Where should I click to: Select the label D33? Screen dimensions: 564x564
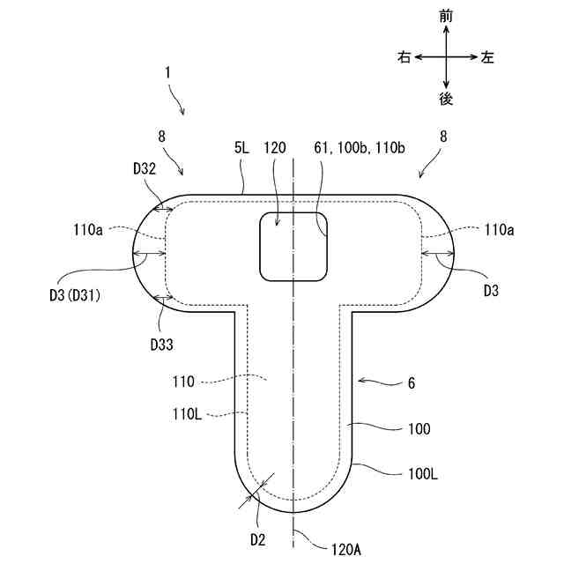click(162, 343)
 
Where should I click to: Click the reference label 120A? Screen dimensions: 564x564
click(345, 550)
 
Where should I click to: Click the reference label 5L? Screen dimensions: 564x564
click(242, 149)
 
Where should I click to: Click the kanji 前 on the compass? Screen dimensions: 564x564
click(446, 16)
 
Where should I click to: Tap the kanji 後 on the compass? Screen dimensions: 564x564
click(446, 99)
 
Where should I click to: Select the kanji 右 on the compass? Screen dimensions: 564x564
click(404, 57)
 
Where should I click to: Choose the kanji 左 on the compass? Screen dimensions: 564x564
click(487, 57)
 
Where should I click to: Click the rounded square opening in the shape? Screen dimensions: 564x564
click(293, 247)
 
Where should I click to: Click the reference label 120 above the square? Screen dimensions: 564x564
click(275, 149)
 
